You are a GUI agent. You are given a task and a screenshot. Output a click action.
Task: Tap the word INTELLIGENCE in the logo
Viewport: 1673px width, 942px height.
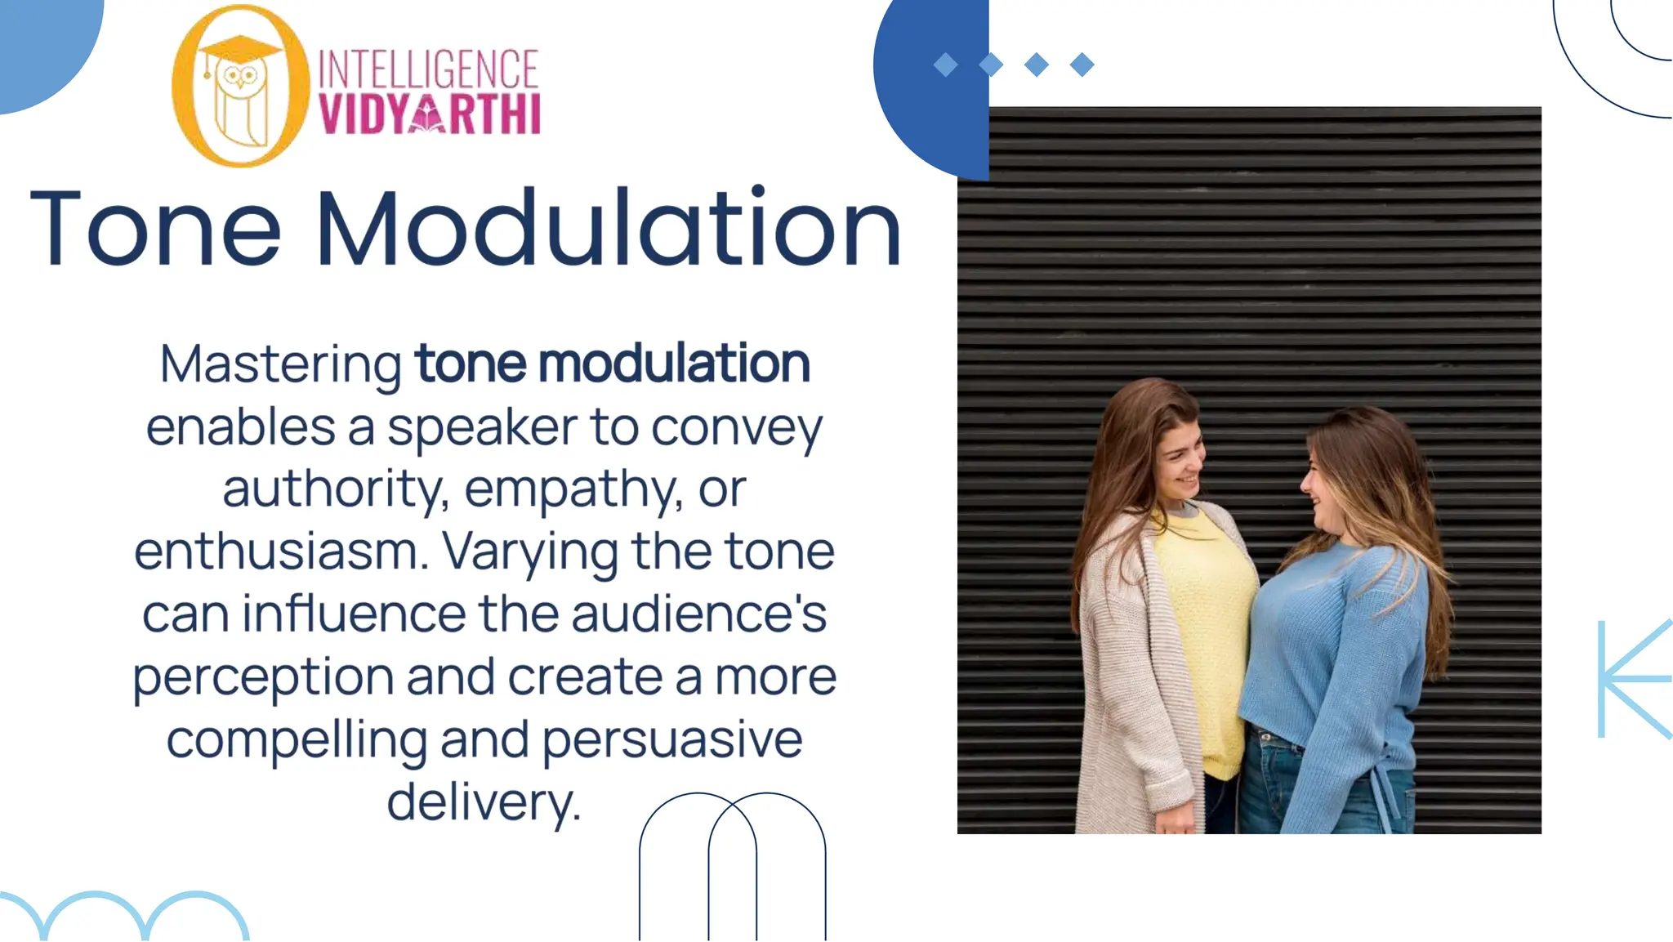(428, 69)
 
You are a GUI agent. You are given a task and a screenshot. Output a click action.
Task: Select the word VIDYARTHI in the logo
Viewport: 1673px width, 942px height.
(430, 114)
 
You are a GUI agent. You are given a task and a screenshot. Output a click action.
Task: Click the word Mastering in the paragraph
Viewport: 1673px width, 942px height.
(280, 364)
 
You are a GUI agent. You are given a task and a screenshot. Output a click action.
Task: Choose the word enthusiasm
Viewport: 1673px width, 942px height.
(281, 551)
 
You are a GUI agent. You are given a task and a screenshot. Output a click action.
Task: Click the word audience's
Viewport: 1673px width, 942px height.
(699, 614)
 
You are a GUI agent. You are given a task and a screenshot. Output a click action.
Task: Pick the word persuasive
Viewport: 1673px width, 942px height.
(672, 740)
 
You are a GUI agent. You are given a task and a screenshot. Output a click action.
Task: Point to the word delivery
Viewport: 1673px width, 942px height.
(484, 802)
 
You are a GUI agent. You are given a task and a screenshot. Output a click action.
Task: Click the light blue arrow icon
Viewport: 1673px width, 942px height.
(1634, 678)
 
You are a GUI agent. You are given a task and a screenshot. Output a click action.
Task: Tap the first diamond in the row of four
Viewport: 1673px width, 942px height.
(945, 65)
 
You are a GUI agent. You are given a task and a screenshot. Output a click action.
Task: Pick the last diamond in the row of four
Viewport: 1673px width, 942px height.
(1082, 65)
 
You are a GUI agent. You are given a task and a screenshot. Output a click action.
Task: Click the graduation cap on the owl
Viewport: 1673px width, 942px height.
(240, 47)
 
